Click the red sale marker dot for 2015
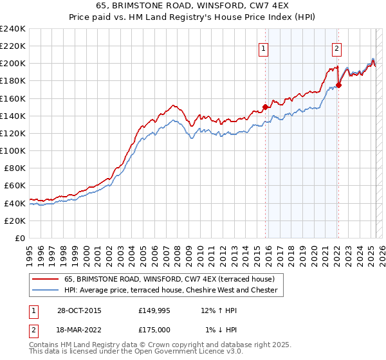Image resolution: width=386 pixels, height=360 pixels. point(265,107)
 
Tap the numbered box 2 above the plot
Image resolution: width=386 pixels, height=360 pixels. point(337,47)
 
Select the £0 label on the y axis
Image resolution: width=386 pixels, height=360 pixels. point(19,238)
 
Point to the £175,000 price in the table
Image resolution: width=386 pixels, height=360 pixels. point(154,329)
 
